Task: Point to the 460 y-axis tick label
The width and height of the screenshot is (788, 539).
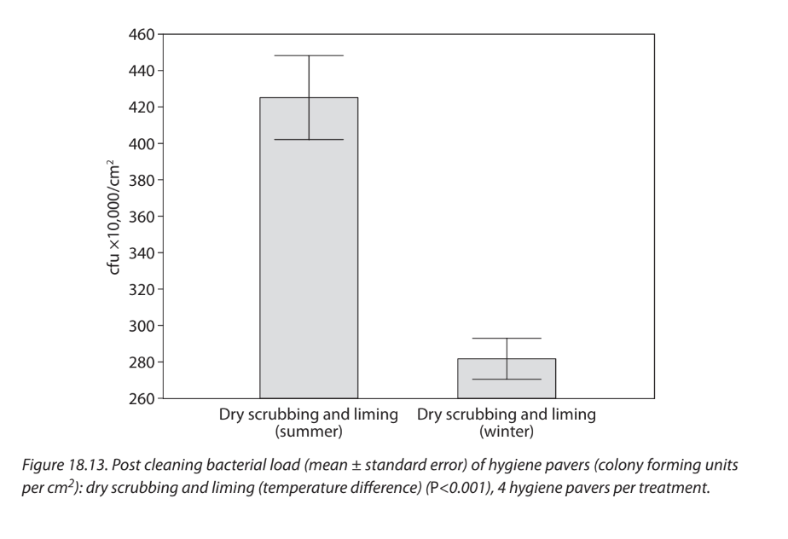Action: [142, 35]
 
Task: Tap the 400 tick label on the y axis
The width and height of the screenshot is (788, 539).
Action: [142, 144]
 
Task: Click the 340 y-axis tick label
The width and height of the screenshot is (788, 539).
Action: [142, 253]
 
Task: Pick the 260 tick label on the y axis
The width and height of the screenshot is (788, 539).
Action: [142, 398]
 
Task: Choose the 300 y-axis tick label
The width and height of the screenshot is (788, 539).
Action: [142, 326]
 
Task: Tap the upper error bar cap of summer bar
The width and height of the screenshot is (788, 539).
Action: [309, 55]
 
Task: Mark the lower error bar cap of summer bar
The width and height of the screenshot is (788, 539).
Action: [309, 139]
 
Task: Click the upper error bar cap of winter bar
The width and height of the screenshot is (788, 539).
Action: [507, 339]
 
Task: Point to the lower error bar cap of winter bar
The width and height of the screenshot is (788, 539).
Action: [507, 379]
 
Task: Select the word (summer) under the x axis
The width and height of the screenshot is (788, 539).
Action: [308, 432]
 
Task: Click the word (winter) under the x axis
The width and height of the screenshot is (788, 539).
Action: [507, 432]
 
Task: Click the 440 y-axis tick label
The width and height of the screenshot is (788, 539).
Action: [142, 72]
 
